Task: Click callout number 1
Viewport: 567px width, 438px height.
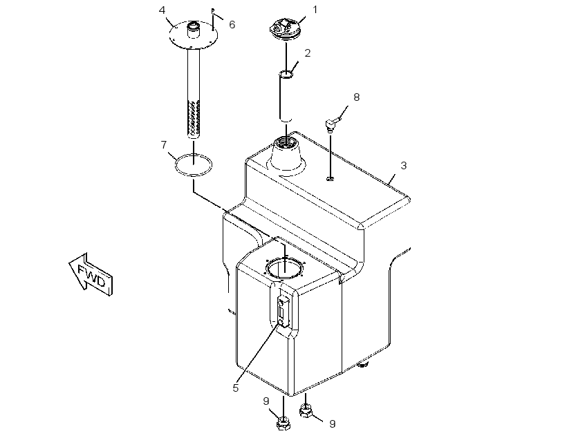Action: click(x=315, y=10)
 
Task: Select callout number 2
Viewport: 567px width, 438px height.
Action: click(x=308, y=53)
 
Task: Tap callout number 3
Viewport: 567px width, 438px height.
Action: click(x=404, y=166)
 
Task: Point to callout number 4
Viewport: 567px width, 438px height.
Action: click(x=162, y=10)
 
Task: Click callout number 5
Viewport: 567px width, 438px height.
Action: click(x=236, y=388)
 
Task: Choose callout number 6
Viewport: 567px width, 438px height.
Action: click(x=232, y=25)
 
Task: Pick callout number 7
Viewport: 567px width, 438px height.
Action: click(x=164, y=145)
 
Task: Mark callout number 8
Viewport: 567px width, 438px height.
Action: click(x=357, y=97)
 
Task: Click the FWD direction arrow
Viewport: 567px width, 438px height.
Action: click(x=91, y=274)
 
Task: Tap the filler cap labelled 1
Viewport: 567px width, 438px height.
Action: click(x=286, y=28)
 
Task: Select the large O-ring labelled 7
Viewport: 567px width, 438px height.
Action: click(x=194, y=165)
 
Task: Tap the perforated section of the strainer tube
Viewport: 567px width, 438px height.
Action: click(x=194, y=119)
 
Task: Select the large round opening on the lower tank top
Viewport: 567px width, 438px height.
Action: click(x=285, y=268)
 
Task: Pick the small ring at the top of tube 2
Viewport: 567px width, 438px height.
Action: click(x=286, y=74)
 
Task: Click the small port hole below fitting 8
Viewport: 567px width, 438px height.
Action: click(x=330, y=178)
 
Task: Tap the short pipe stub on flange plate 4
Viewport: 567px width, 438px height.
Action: click(x=193, y=30)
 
